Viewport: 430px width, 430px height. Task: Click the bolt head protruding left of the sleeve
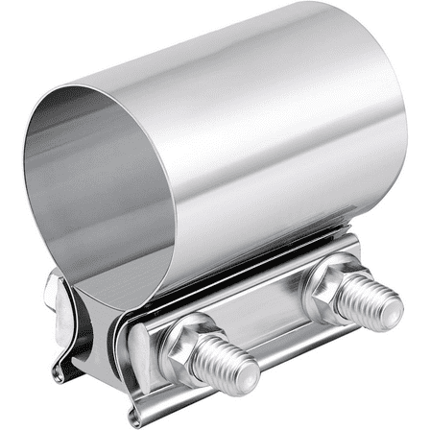(x=54, y=285)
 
